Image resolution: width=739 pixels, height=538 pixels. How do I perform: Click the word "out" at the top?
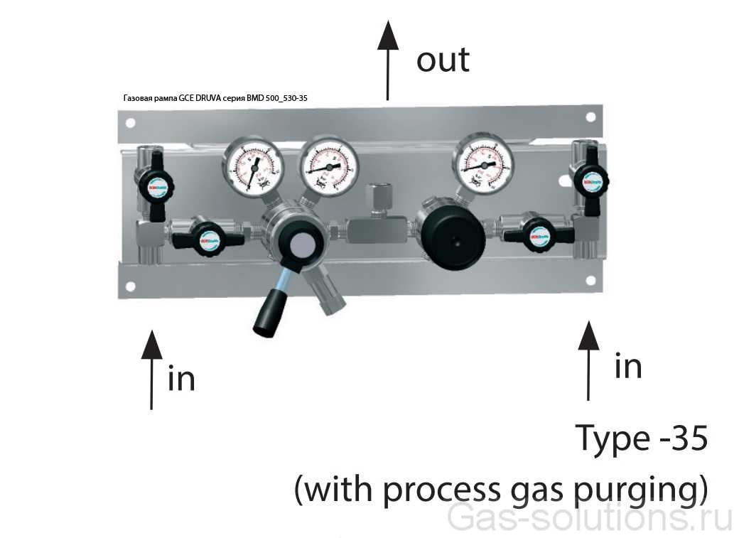pyautogui.click(x=443, y=60)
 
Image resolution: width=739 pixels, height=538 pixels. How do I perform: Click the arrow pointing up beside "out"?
pyautogui.click(x=387, y=60)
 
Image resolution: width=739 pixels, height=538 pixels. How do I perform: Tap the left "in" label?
pyautogui.click(x=181, y=379)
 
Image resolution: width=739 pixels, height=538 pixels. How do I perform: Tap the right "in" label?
pyautogui.click(x=628, y=367)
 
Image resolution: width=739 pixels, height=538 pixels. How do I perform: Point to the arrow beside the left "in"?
pyautogui.click(x=151, y=370)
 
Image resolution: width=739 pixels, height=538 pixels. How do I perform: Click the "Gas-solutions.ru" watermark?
pyautogui.click(x=590, y=518)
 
